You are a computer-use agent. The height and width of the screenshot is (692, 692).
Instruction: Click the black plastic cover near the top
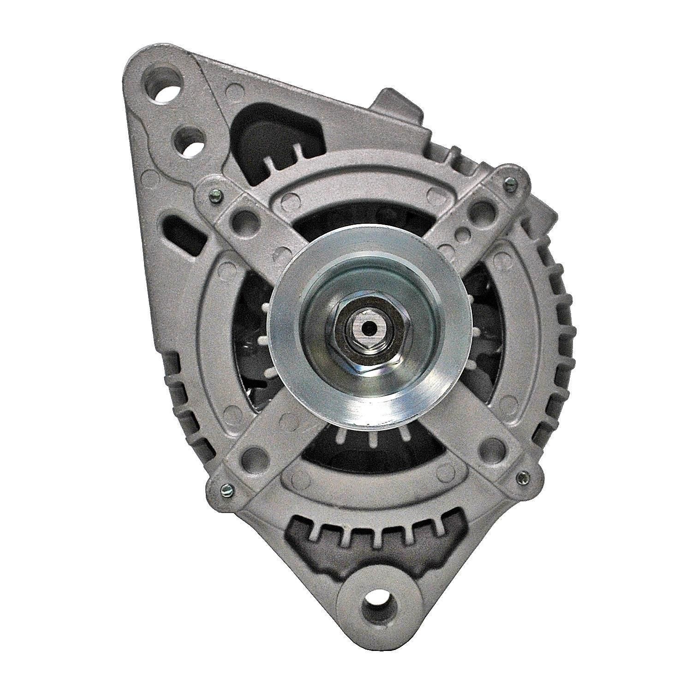268,134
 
